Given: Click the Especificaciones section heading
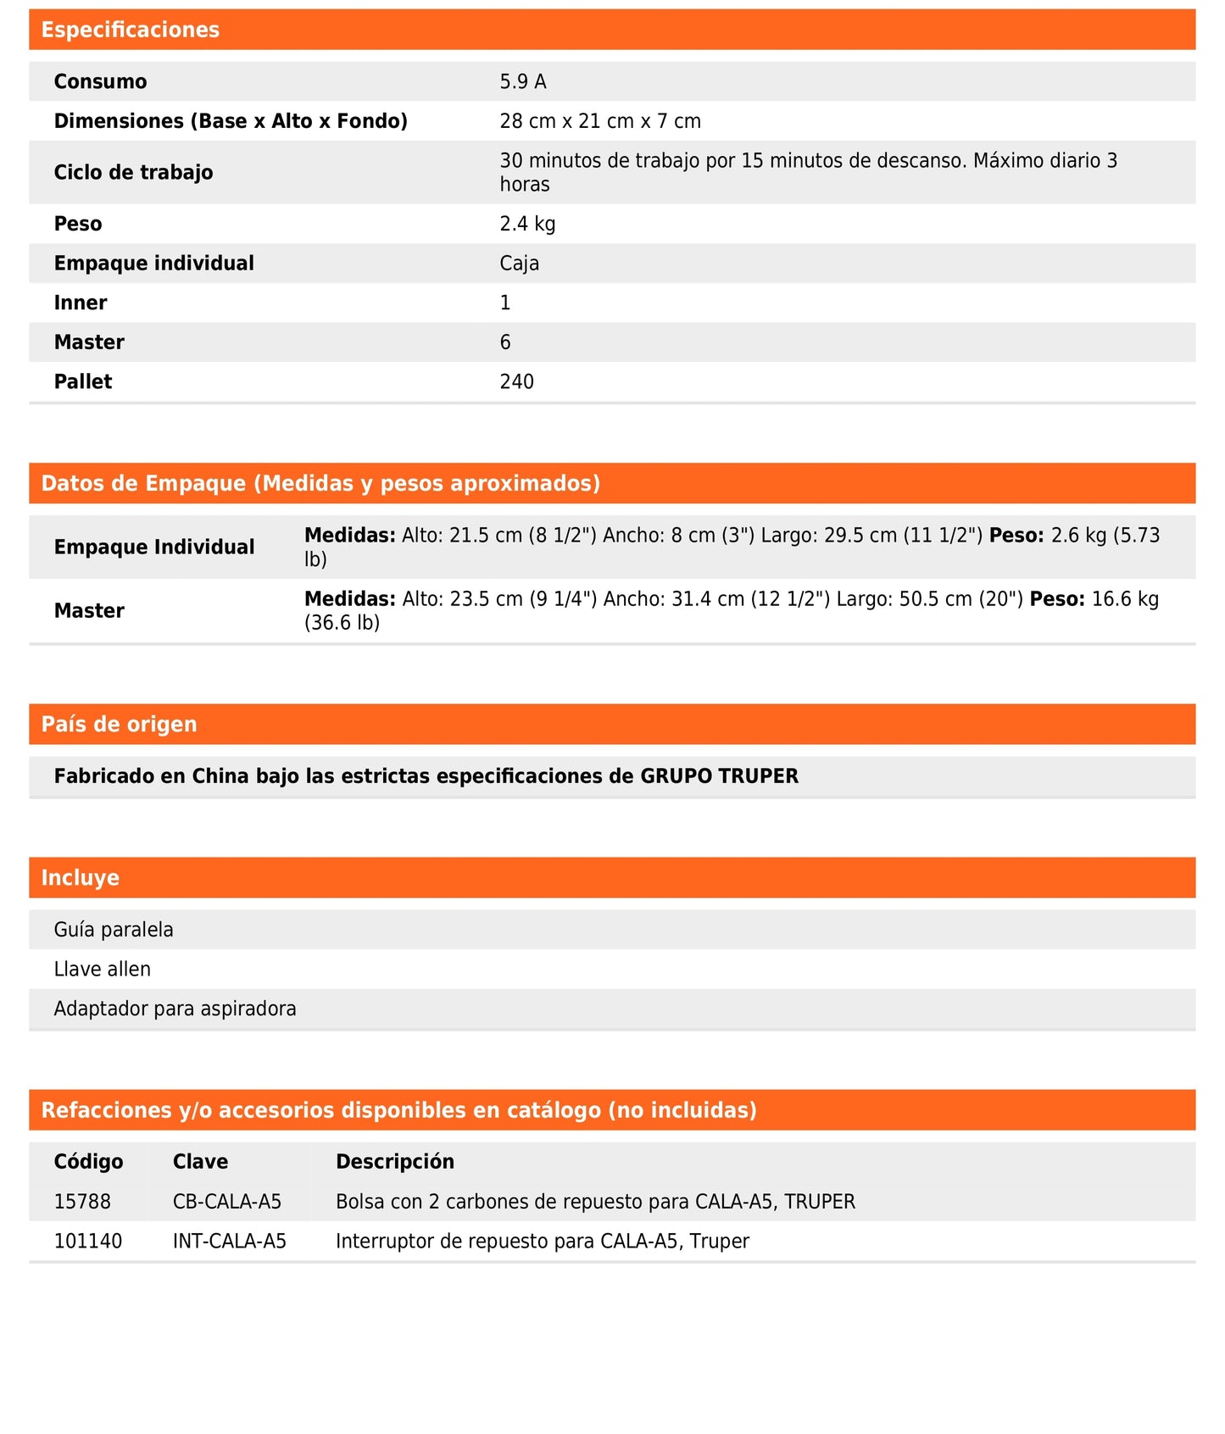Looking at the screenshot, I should coord(130,30).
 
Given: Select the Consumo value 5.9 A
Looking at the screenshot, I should coord(522,81).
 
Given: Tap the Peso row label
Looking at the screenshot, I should coord(78,224).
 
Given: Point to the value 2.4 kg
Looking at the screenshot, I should coord(527,224).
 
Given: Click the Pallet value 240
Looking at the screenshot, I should coord(516,381).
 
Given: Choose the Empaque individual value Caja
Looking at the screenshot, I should coord(519,264).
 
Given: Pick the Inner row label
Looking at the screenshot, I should coord(81,303).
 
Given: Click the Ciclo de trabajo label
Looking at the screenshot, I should coord(133,172).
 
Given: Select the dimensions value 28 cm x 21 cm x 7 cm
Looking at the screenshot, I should coord(600,121).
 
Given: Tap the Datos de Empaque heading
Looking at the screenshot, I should coord(320,483).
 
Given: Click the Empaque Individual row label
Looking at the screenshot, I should coord(154,547).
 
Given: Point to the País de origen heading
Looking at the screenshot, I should coord(119,724).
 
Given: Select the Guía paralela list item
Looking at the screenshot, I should coord(114,930).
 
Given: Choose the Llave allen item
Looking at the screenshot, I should coord(103,969).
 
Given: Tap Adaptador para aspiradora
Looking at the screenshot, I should coord(175,1009).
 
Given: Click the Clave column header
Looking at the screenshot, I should coord(200,1161).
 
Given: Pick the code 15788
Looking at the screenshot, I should coord(82,1201).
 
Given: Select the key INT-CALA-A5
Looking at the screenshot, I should coord(230,1241).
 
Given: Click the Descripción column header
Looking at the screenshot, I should coord(395,1161).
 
